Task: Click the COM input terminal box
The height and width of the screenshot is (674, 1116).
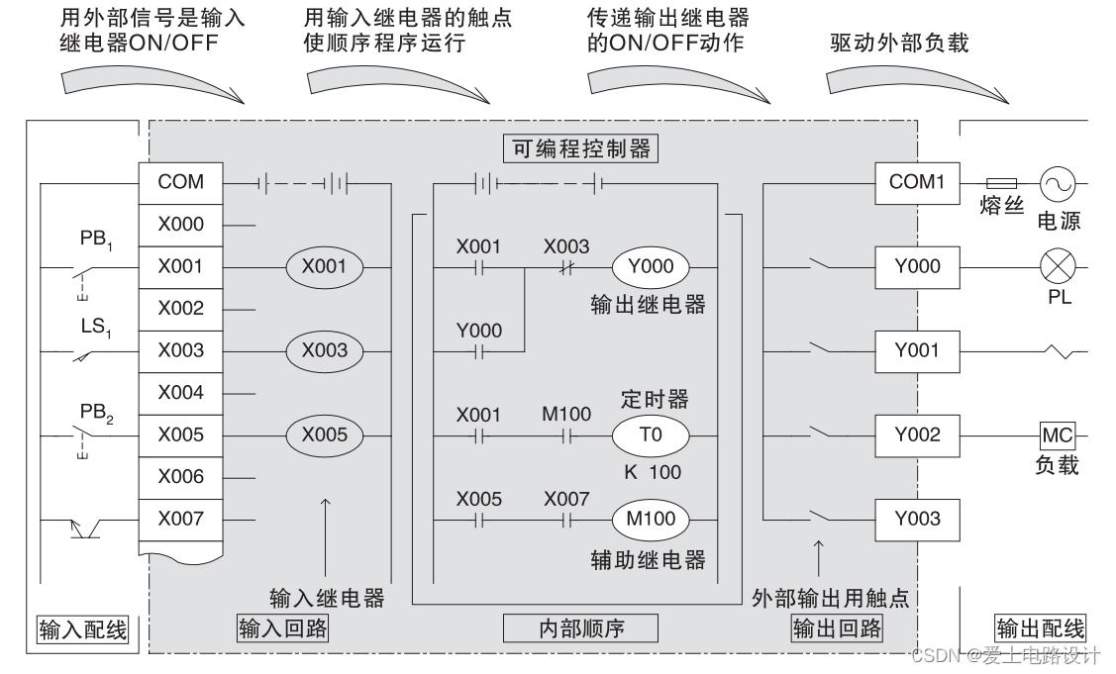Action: [x=181, y=182]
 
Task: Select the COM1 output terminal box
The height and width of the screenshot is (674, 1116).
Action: [x=916, y=182]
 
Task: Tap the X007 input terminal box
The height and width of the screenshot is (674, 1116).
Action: [x=181, y=519]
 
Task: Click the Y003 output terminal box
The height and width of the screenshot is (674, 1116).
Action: [x=916, y=519]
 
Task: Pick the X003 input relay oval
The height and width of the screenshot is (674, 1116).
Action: [x=326, y=350]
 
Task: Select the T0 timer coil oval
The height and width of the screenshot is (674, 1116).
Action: [x=650, y=434]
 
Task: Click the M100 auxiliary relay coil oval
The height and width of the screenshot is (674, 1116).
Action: [x=650, y=519]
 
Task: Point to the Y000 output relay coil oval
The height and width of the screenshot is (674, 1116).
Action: [x=650, y=266]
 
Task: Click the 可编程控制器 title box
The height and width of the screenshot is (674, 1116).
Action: [x=581, y=148]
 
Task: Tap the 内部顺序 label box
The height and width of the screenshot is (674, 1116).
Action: [x=581, y=628]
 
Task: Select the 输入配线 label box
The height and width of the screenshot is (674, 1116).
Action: [x=83, y=628]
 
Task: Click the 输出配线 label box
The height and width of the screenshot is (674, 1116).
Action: [x=1040, y=628]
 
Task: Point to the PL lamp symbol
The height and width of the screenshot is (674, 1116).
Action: [x=1057, y=266]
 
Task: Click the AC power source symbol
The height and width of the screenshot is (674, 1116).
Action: [x=1057, y=183]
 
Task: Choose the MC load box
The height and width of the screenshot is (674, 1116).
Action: [x=1056, y=434]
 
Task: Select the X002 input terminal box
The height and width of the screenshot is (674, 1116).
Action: [x=181, y=308]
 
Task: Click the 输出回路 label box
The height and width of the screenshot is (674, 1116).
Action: [x=837, y=628]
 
